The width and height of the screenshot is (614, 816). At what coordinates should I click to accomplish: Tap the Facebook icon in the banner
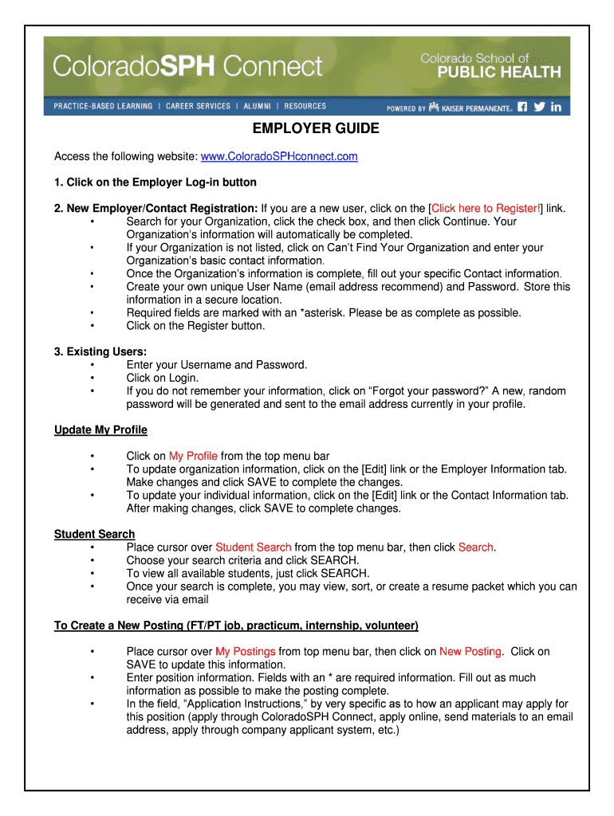click(x=522, y=107)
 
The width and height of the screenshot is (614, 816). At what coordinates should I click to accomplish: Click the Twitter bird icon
click(x=539, y=107)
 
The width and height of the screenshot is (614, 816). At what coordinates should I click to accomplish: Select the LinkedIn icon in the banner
click(x=556, y=107)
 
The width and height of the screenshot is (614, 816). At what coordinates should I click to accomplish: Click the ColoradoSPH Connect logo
click(x=187, y=66)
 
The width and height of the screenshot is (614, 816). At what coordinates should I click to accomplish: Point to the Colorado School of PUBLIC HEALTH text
click(x=490, y=65)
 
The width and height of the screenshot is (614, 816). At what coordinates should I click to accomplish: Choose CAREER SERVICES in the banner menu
click(x=198, y=106)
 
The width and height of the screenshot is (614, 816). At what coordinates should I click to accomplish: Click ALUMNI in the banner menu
click(x=258, y=106)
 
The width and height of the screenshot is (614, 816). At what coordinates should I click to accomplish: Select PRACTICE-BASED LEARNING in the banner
click(x=103, y=106)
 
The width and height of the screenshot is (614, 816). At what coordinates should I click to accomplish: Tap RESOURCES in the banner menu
click(x=305, y=106)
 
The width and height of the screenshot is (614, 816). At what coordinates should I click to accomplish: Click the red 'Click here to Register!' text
click(x=486, y=208)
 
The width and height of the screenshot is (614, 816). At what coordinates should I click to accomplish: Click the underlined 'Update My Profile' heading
click(x=100, y=430)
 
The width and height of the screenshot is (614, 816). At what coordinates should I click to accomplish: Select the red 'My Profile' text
click(x=193, y=456)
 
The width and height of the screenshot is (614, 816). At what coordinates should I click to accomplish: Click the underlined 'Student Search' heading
click(x=94, y=534)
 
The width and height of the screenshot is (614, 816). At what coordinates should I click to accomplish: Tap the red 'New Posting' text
click(x=470, y=651)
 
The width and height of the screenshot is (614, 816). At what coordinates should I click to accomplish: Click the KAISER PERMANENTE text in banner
click(x=476, y=108)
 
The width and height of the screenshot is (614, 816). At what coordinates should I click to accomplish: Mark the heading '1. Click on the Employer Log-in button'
click(x=155, y=182)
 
